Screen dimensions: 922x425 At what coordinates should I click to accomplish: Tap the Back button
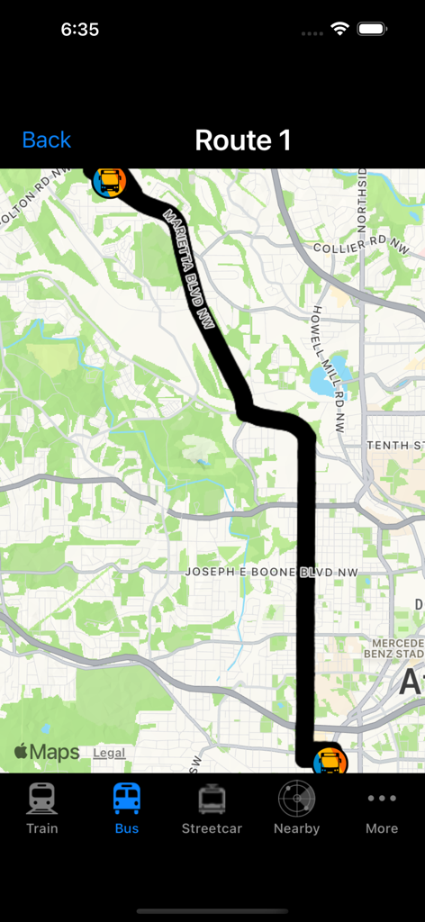(x=46, y=140)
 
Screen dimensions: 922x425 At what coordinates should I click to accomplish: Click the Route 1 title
(x=243, y=140)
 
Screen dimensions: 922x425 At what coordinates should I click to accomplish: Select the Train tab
(x=42, y=808)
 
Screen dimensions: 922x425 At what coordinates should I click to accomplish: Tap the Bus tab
(x=127, y=808)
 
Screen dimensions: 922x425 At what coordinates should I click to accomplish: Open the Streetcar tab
(x=212, y=808)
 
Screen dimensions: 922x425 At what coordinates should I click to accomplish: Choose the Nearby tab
(x=296, y=808)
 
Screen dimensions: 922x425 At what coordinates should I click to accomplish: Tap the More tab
(x=382, y=808)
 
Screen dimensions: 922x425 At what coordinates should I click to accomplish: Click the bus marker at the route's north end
(x=109, y=182)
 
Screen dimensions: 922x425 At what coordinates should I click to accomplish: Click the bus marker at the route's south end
(x=330, y=762)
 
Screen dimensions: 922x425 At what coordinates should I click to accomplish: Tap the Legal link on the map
(x=109, y=753)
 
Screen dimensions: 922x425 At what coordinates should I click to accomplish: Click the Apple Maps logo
(x=47, y=753)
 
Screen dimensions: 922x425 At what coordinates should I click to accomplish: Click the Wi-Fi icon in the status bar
(x=339, y=29)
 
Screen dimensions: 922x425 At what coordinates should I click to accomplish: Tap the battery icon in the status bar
(x=372, y=29)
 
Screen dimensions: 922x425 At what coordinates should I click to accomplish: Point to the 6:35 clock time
(x=79, y=29)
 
